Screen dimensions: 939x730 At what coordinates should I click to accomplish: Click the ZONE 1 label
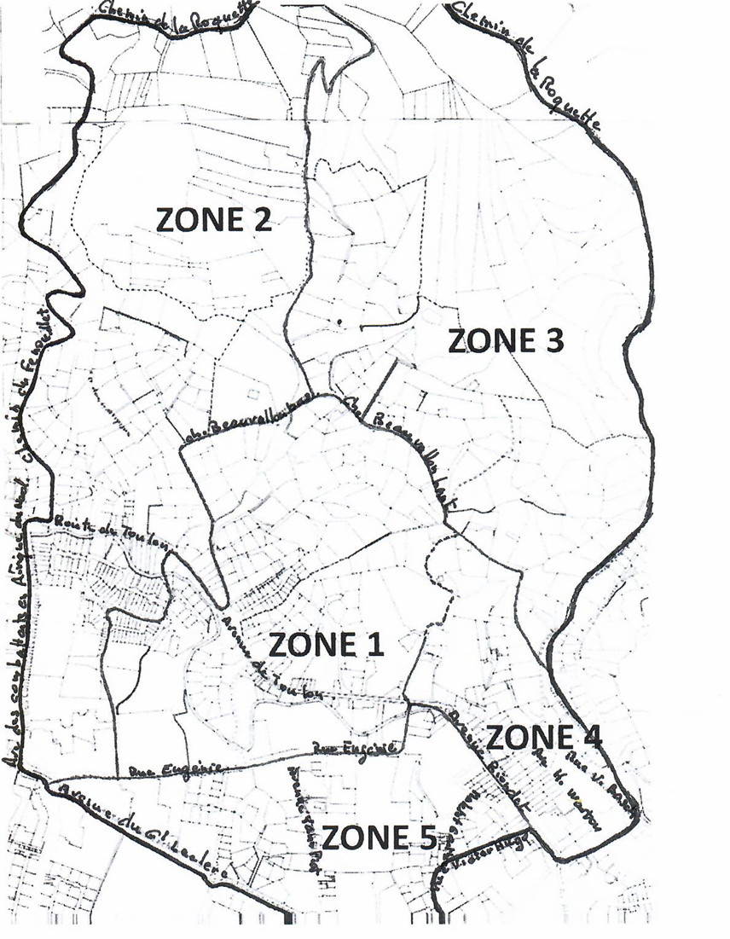coord(326,645)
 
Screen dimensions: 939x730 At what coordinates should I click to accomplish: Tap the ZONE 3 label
coord(505,340)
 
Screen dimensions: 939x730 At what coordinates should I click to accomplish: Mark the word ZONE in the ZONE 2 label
coord(200,219)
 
